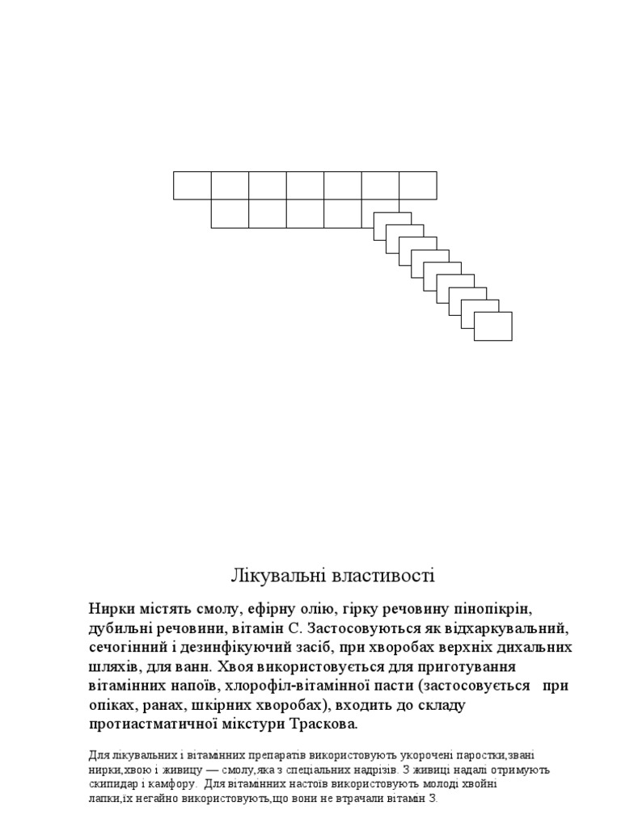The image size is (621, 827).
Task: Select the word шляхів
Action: [114, 667]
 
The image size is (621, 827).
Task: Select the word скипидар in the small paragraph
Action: [114, 783]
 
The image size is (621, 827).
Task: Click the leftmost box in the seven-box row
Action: [192, 185]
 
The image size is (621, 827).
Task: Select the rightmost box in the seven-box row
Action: [418, 185]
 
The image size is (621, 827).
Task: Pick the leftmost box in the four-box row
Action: [230, 213]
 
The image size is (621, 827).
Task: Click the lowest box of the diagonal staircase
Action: [493, 327]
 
